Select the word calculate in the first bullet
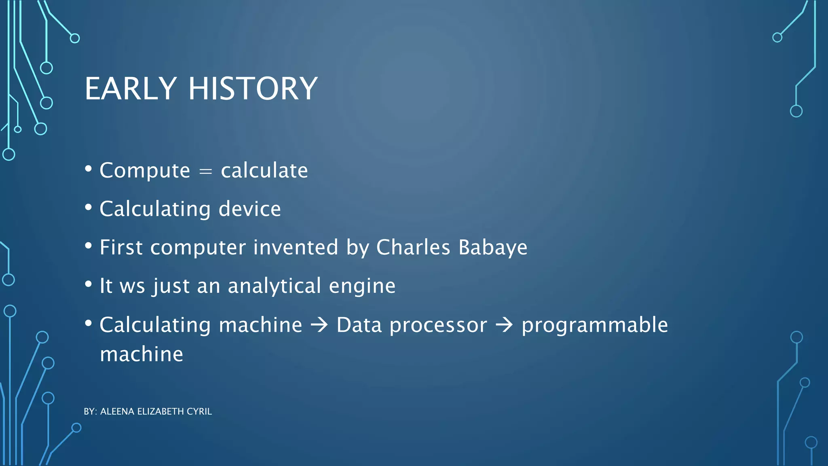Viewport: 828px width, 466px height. click(264, 170)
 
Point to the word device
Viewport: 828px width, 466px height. click(249, 209)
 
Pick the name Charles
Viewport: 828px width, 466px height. click(413, 247)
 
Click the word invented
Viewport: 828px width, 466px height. click(296, 247)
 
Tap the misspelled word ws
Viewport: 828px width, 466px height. click(132, 286)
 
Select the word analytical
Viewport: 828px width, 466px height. click(275, 286)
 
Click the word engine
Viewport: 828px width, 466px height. click(362, 286)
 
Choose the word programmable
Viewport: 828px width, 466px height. click(594, 325)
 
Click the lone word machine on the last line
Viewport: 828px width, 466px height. click(142, 355)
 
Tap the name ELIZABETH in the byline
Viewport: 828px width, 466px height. click(161, 411)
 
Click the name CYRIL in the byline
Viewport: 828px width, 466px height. click(199, 411)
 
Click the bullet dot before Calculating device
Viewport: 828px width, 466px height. click(89, 208)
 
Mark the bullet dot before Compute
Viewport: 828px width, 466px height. click(89, 169)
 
